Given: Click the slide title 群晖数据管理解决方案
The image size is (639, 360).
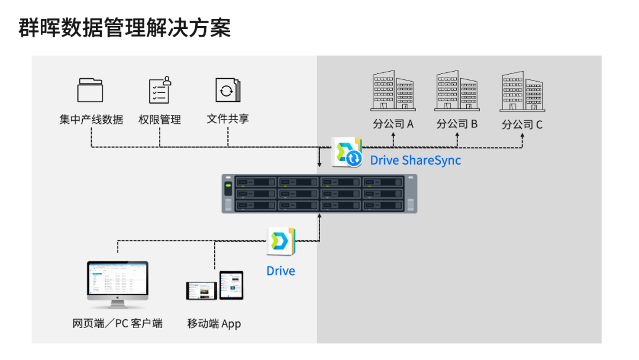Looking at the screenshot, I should pyautogui.click(x=125, y=28).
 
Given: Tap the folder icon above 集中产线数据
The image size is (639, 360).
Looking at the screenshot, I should pyautogui.click(x=91, y=90).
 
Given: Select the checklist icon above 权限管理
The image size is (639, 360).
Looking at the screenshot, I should pyautogui.click(x=160, y=90).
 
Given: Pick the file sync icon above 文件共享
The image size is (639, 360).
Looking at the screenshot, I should pyautogui.click(x=228, y=89).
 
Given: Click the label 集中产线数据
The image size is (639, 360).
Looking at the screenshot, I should pyautogui.click(x=91, y=120).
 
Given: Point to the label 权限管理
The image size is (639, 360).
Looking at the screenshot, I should pyautogui.click(x=160, y=120).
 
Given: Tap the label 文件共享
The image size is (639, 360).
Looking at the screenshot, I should pyautogui.click(x=228, y=119).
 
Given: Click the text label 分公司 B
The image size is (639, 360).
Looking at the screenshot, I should pyautogui.click(x=457, y=124).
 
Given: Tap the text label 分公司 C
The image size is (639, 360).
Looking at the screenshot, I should pyautogui.click(x=522, y=125).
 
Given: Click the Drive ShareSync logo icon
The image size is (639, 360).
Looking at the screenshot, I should pyautogui.click(x=347, y=153).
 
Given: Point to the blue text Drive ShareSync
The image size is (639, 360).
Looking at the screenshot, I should pyautogui.click(x=415, y=160).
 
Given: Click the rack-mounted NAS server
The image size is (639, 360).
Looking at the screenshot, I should pyautogui.click(x=319, y=194).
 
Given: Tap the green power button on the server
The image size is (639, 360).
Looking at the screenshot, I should pyautogui.click(x=228, y=189).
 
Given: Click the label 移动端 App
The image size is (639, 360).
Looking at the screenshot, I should pyautogui.click(x=214, y=324).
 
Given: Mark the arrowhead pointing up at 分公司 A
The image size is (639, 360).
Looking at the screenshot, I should pyautogui.click(x=393, y=136).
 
